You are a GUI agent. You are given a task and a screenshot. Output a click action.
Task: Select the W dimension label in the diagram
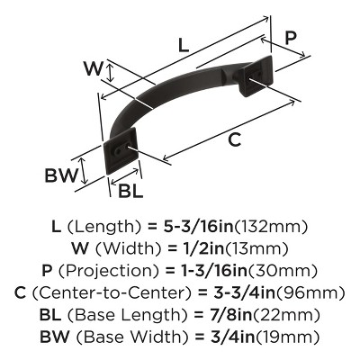[x=91, y=69]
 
